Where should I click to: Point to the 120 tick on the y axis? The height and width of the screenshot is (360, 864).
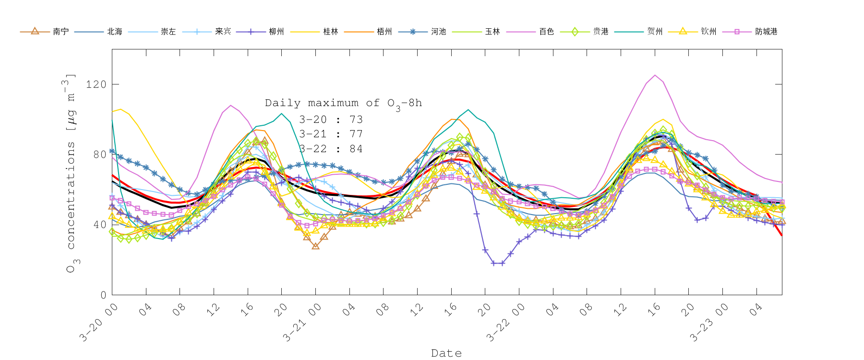[x=96, y=84]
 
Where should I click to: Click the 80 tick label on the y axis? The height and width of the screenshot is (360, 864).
[x=99, y=155]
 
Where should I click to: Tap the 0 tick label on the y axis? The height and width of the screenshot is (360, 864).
[x=103, y=295]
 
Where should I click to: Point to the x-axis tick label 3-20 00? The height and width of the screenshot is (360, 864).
[x=99, y=323]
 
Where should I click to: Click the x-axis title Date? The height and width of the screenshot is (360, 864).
[x=446, y=353]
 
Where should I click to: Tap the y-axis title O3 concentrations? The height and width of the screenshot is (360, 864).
[x=71, y=173]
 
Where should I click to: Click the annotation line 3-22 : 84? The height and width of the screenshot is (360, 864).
[x=331, y=149]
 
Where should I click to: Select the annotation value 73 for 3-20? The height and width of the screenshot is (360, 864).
[x=356, y=120]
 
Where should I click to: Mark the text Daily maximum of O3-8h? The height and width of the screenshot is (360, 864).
[x=343, y=104]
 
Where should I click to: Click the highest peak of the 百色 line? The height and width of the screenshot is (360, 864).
[x=655, y=75]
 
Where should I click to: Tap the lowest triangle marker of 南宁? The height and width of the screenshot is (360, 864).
[x=315, y=246]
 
